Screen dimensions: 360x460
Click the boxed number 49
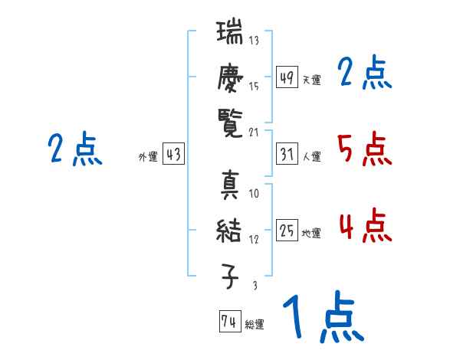(x=287, y=77)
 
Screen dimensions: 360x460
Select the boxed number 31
(x=287, y=155)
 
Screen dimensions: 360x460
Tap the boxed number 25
(x=287, y=231)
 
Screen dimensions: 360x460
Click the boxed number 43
(x=173, y=155)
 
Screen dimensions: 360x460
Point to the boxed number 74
(x=229, y=321)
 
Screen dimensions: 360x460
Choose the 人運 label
(x=312, y=158)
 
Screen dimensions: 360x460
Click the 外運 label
(x=147, y=158)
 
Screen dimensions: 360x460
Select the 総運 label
(x=255, y=324)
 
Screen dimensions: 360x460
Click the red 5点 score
(x=363, y=149)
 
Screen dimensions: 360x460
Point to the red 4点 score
(x=363, y=226)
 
